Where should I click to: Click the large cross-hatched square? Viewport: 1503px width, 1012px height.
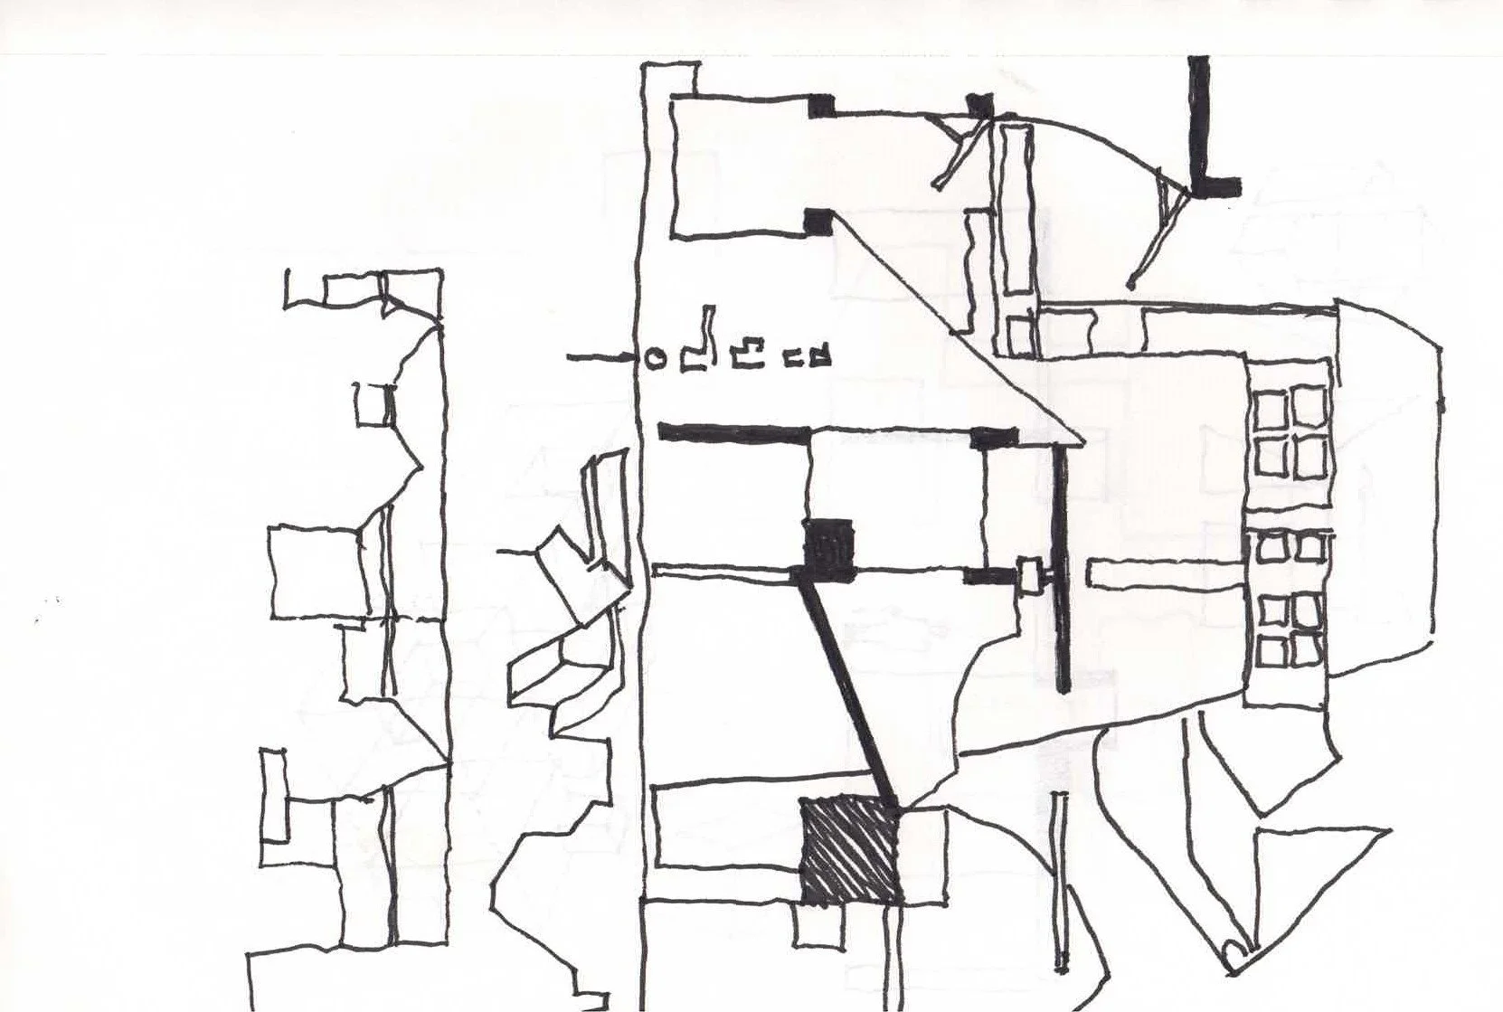850,850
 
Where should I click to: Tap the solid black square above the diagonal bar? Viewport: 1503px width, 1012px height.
829,544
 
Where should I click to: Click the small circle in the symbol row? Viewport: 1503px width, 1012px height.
656,359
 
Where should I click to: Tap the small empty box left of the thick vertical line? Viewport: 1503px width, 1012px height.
1030,577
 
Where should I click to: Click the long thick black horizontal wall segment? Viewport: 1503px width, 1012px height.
733,432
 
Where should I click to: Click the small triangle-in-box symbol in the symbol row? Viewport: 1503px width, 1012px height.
820,356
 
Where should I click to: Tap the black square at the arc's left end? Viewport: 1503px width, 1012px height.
979,106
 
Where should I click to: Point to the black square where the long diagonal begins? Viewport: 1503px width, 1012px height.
818,221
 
